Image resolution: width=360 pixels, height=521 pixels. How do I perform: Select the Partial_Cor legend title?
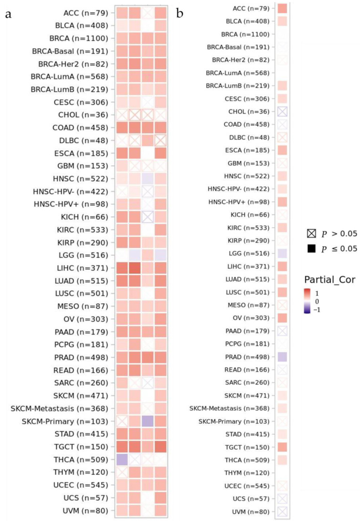tap(329, 280)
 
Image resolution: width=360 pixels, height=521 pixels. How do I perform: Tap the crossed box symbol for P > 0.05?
tap(311, 233)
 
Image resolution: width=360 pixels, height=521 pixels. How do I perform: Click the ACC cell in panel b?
tap(282, 8)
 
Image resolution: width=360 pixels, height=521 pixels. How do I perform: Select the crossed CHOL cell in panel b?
tap(282, 111)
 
